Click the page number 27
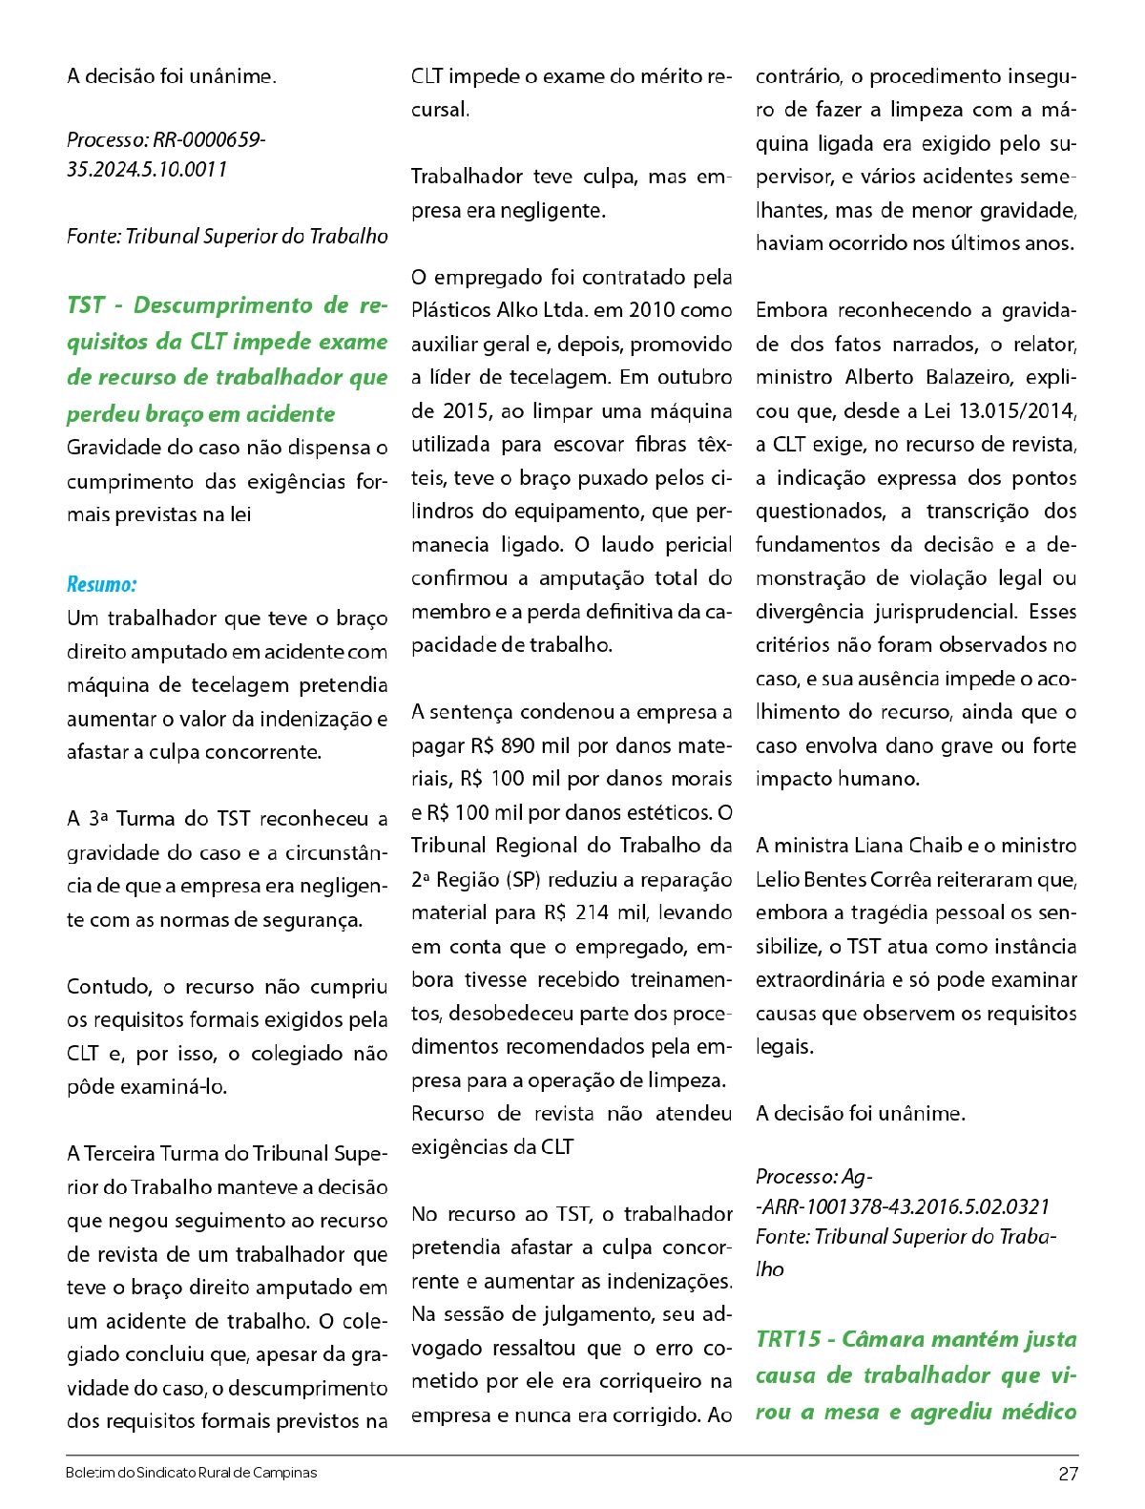pos(1068,1474)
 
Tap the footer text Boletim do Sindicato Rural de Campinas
pos(191,1473)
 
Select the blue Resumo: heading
pos(101,584)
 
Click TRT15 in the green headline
pos(788,1339)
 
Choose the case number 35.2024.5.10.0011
pos(147,170)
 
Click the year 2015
pos(465,411)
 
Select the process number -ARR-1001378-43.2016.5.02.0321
pos(903,1206)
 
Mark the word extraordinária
pos(822,980)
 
